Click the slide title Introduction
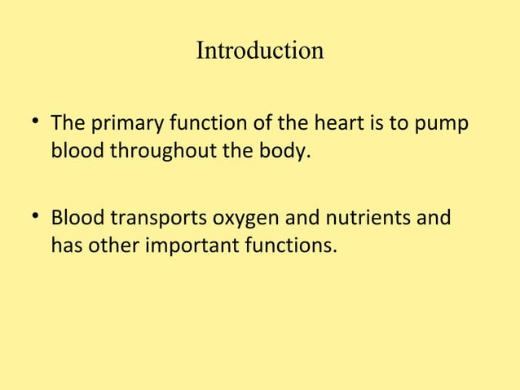(x=260, y=51)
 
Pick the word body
(x=287, y=152)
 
